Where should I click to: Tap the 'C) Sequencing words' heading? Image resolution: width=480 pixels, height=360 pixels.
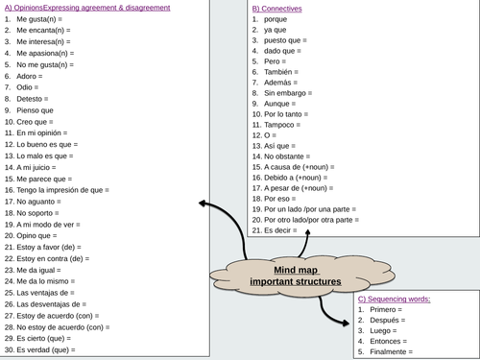pos(394,299)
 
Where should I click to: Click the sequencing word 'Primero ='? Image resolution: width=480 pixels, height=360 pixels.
pos(381,309)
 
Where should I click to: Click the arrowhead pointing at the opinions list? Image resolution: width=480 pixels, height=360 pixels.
pos(203,204)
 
